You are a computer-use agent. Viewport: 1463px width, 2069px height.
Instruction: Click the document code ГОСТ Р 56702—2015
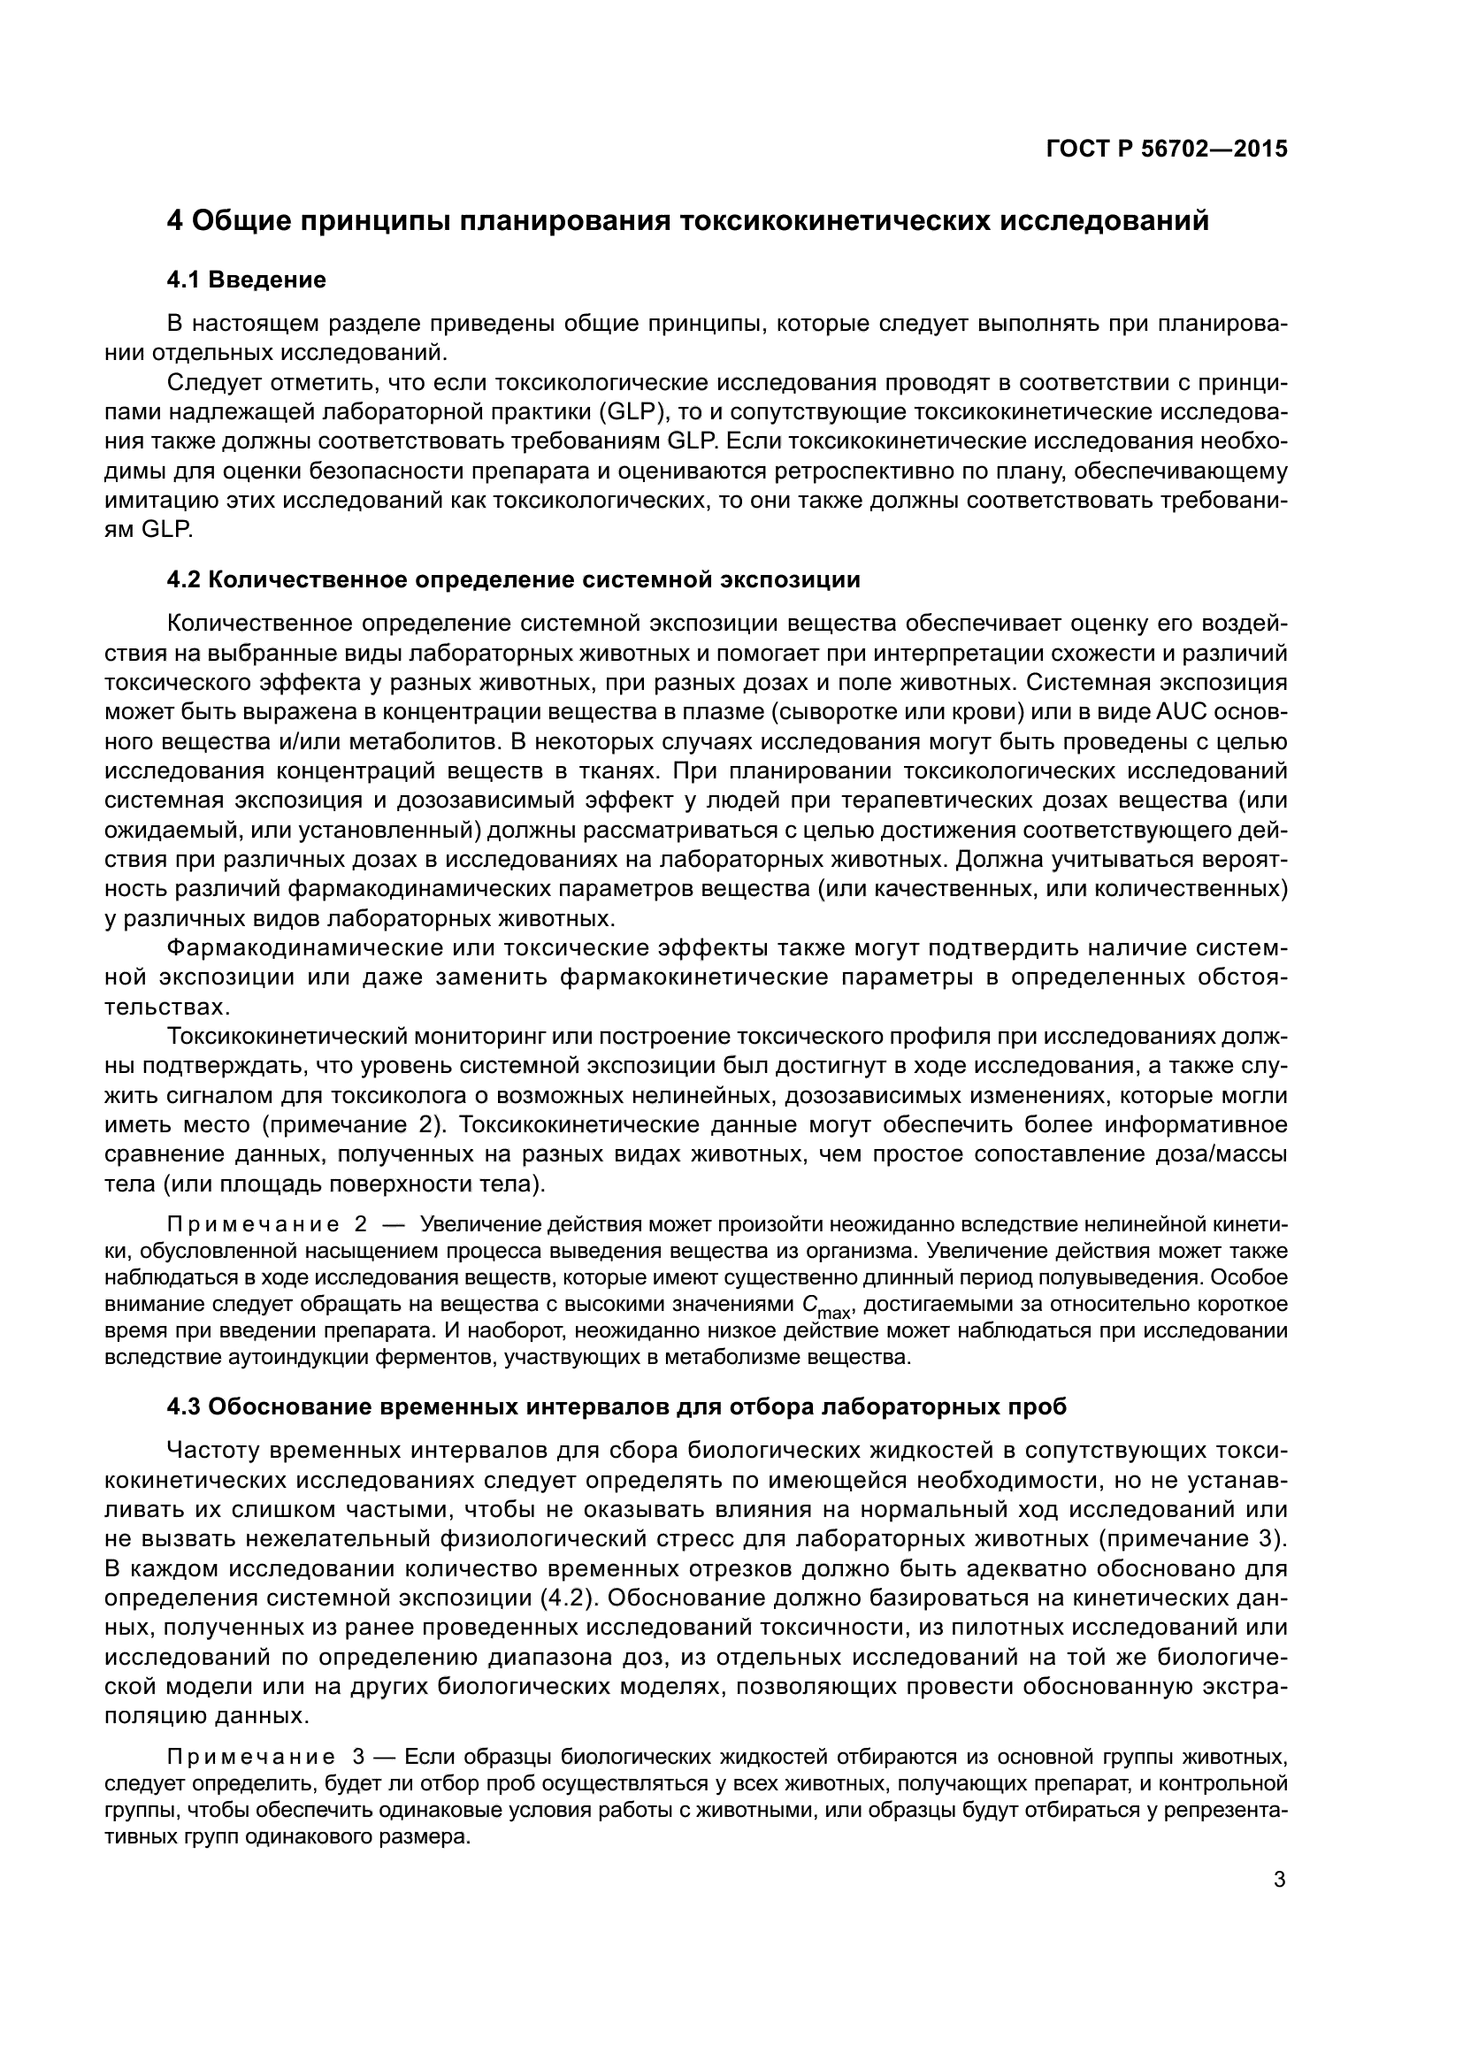(1167, 149)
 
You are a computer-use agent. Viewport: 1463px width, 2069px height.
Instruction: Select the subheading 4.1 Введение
(247, 280)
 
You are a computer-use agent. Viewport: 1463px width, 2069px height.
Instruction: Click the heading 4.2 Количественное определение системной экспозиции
(514, 579)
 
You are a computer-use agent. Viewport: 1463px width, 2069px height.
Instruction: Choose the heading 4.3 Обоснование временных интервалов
(617, 1406)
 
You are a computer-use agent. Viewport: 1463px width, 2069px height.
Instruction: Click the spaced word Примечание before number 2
(252, 1224)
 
